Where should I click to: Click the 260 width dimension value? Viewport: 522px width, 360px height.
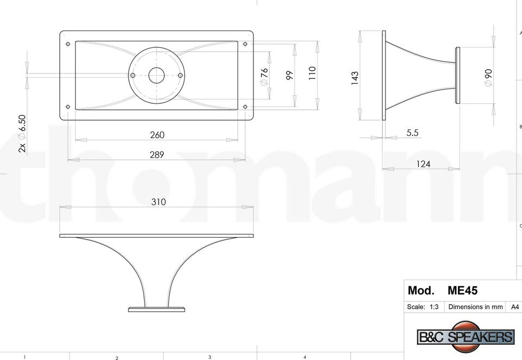[x=157, y=135]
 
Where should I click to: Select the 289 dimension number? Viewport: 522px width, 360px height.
[x=157, y=154]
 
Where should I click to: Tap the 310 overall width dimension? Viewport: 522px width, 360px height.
[x=158, y=202]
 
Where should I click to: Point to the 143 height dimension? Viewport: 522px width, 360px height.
[x=355, y=78]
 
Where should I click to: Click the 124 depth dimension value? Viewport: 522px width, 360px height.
[x=423, y=164]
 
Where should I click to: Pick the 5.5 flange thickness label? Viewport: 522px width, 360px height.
[x=412, y=133]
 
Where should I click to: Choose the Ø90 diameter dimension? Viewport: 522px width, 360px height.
[x=488, y=78]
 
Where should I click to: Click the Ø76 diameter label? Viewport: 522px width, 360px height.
[x=264, y=77]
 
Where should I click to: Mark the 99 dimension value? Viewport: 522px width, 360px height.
[x=289, y=75]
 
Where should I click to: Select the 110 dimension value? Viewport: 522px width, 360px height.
[x=312, y=73]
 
